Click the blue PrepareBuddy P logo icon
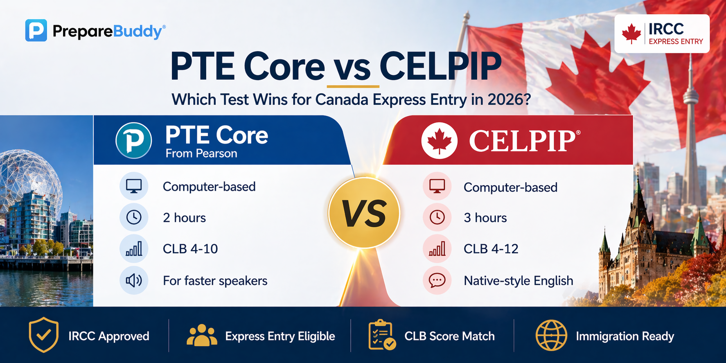coord(36,30)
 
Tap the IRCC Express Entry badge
coord(662,34)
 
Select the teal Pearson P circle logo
coord(133,140)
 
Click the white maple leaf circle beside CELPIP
coord(439,140)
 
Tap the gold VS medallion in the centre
coord(364,213)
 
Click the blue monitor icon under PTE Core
coord(134,186)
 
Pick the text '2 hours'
coord(184,218)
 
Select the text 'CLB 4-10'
coord(190,249)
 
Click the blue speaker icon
coord(134,280)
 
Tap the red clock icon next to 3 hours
coord(437,217)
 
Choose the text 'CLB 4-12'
coord(491,249)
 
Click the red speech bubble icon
coord(437,280)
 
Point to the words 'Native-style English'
coord(518,281)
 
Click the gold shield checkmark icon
coord(43,335)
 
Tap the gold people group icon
coord(202,336)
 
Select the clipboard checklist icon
coord(381,335)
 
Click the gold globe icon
coord(551,336)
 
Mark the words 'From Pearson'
coord(201,153)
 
